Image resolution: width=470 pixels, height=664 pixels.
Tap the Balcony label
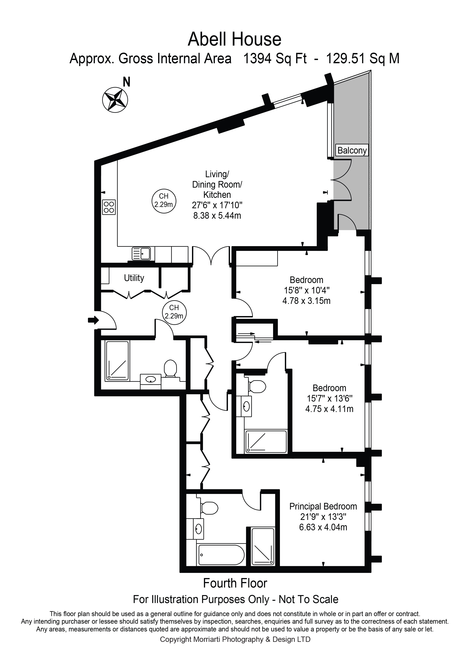coord(352,150)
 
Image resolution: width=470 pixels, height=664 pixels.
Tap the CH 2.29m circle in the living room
coord(164,201)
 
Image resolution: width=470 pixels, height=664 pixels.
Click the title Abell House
coord(235,39)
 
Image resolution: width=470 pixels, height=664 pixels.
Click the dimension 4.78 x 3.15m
coord(306,301)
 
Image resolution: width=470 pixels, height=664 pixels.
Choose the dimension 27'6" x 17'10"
coord(217,205)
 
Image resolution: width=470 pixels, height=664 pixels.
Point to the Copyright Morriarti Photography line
coord(235,639)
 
